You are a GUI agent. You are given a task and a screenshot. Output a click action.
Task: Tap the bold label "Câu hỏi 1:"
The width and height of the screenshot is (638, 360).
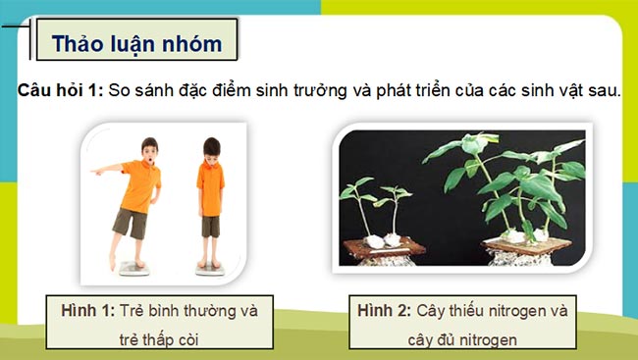(x=59, y=90)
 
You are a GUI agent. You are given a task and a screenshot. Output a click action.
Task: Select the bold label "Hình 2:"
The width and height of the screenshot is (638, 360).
(x=386, y=311)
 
